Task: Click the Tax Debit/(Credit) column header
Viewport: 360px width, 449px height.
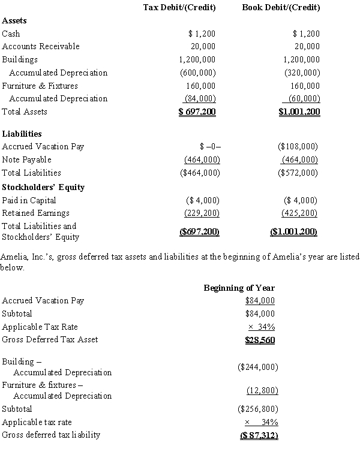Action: coord(179,8)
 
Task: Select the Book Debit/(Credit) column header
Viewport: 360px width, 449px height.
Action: coord(281,8)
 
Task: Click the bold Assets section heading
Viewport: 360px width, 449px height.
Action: coord(14,21)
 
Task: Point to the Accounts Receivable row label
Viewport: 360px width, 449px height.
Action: coord(41,47)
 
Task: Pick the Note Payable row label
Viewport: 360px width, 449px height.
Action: coord(27,160)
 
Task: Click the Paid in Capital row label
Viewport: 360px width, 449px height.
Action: coord(29,200)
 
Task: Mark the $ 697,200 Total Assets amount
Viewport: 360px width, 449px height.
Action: coord(197,112)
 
